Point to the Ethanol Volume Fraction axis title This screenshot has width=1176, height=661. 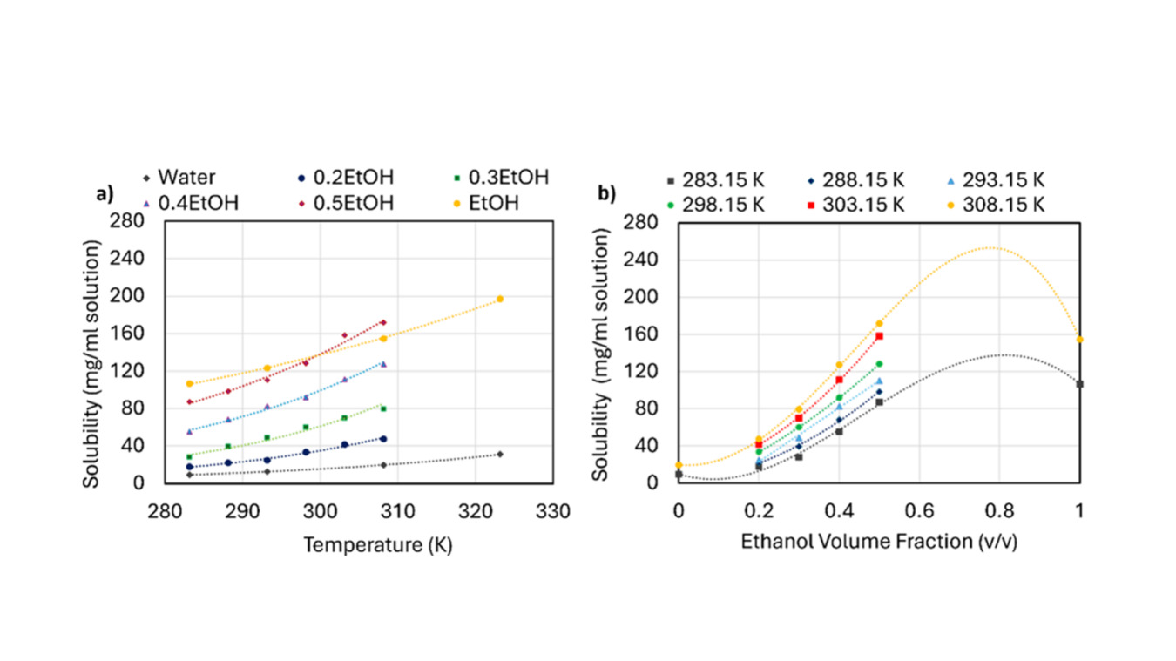(879, 542)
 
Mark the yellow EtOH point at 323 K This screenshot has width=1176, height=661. (500, 299)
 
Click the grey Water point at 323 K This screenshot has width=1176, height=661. (500, 454)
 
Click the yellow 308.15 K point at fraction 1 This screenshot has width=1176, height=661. (1079, 339)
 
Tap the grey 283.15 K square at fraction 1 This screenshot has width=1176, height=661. (1079, 383)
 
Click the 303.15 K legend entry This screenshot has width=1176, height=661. (854, 205)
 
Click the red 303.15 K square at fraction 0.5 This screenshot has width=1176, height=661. (879, 335)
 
